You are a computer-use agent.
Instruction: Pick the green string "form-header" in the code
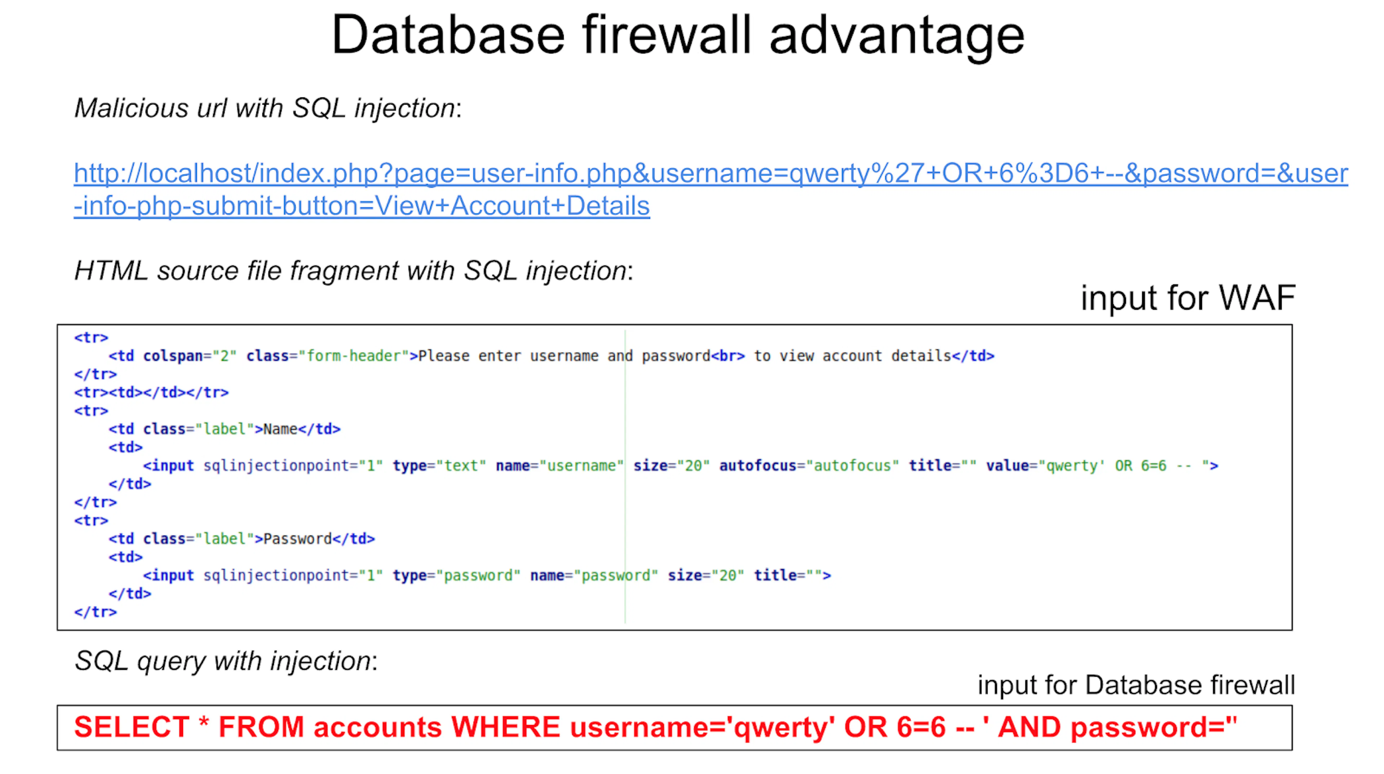click(x=354, y=356)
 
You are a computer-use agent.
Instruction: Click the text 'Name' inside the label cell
click(x=280, y=429)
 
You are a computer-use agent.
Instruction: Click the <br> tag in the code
click(x=728, y=356)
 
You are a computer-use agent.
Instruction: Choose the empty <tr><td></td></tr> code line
click(x=151, y=392)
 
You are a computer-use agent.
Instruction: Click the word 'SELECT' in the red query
click(x=132, y=727)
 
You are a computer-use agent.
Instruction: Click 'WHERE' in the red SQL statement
click(x=506, y=727)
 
